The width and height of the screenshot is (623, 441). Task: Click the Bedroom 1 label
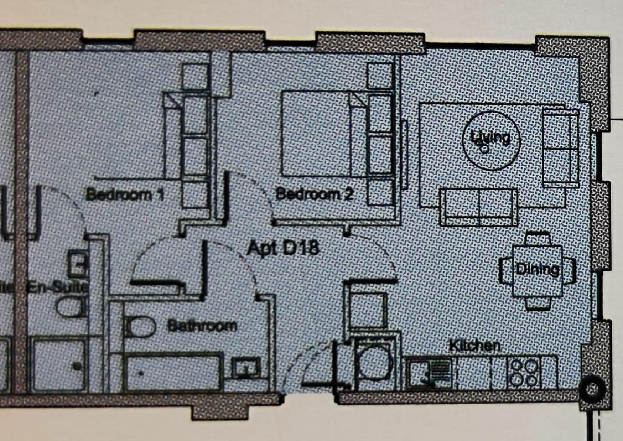tap(125, 195)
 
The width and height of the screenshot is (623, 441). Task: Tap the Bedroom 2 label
tap(315, 194)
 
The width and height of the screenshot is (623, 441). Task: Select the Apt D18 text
tap(283, 248)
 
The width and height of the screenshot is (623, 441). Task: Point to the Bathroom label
tap(202, 326)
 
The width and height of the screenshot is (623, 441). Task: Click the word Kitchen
tap(474, 346)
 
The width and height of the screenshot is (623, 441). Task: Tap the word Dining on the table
tap(538, 269)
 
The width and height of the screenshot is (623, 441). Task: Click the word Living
tap(490, 137)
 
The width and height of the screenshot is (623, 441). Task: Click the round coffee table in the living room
tap(491, 141)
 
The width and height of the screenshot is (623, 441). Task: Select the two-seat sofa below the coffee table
tap(479, 207)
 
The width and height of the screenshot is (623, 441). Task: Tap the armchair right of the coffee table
tap(560, 147)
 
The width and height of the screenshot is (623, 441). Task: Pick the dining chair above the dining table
tap(538, 238)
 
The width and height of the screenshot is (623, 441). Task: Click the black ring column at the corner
tap(592, 389)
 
